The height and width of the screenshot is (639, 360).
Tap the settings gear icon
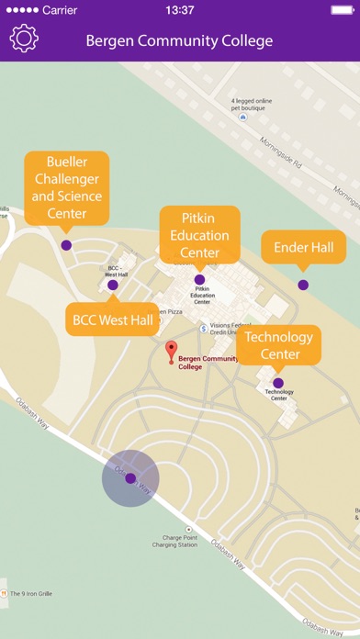click(x=23, y=39)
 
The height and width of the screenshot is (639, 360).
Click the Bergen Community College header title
click(x=179, y=40)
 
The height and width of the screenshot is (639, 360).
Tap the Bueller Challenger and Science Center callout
click(x=66, y=188)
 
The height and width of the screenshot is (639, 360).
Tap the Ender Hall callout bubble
click(x=303, y=246)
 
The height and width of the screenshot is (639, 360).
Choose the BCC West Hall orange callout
click(x=113, y=319)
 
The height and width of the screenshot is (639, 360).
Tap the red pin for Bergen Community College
click(x=171, y=351)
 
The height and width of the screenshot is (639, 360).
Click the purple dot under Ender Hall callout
click(x=303, y=285)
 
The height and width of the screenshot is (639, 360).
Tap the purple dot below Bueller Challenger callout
click(x=66, y=245)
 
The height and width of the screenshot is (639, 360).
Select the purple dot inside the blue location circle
click(x=130, y=478)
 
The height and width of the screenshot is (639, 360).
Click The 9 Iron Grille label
click(x=31, y=593)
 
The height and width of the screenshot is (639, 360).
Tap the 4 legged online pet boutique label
click(x=255, y=104)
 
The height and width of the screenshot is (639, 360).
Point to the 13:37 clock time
click(x=179, y=10)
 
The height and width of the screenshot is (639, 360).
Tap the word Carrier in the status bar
click(x=62, y=10)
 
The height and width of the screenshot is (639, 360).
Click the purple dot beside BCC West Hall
click(x=113, y=286)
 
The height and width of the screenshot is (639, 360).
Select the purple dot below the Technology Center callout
click(x=278, y=383)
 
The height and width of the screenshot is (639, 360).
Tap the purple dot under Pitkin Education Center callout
click(x=199, y=279)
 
